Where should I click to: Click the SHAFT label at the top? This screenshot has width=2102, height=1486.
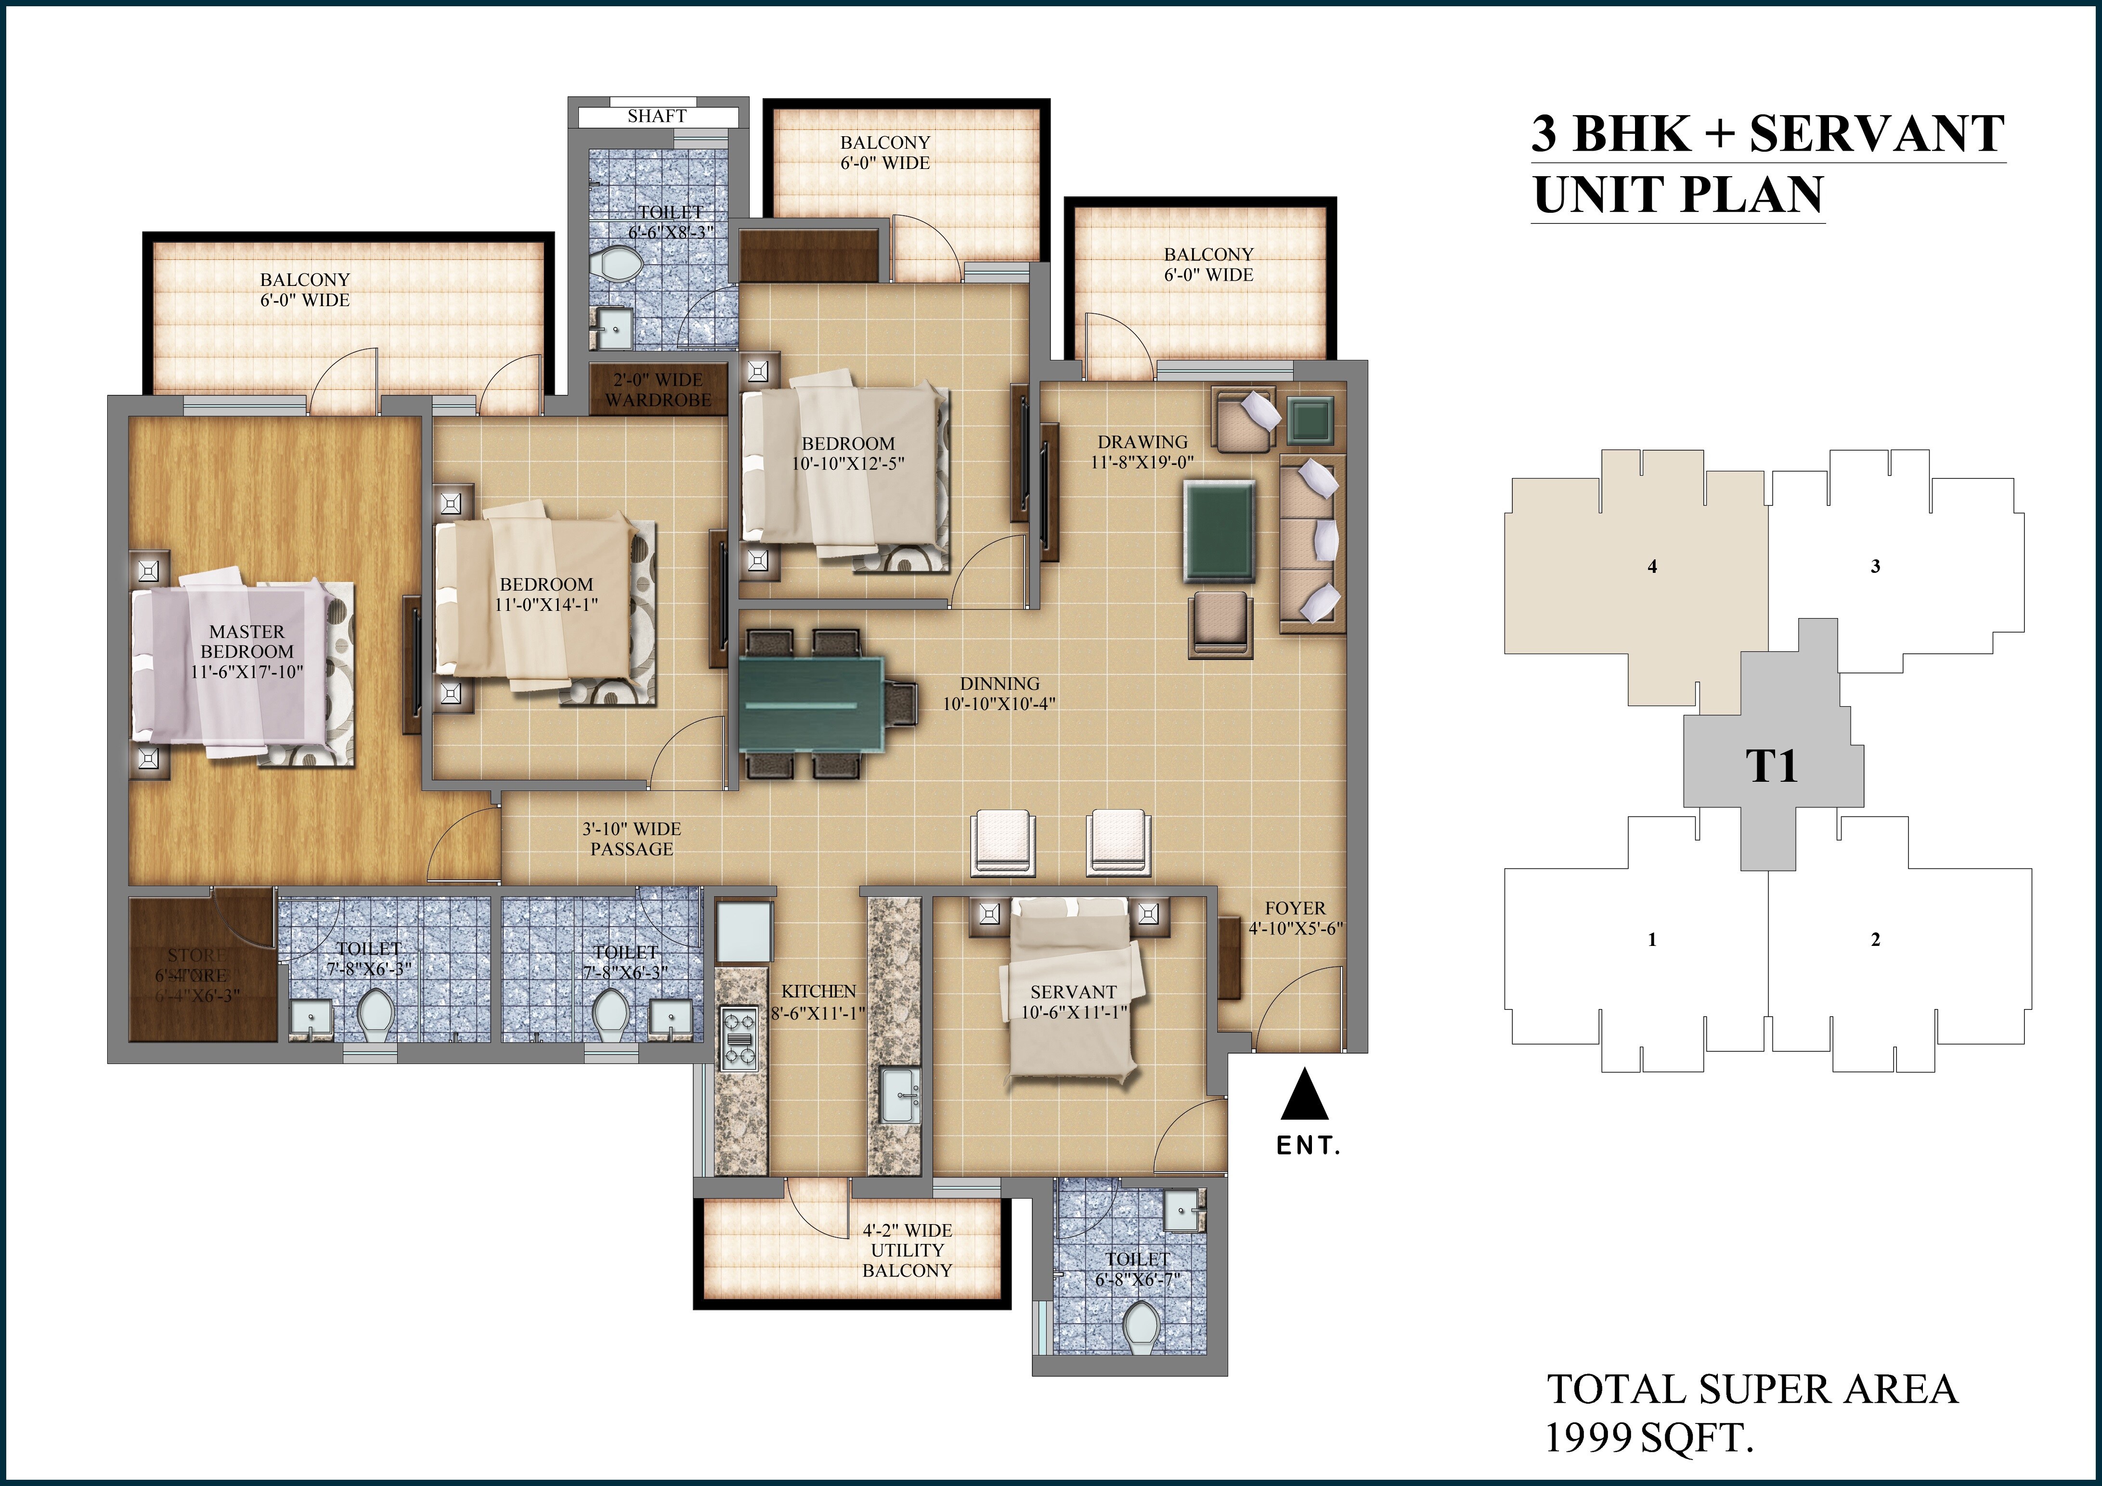[x=656, y=116]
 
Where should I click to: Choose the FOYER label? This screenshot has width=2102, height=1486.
[x=1295, y=908]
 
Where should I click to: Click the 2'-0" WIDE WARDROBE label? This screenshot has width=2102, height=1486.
[x=657, y=390]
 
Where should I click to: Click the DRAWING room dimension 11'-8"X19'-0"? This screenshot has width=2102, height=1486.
[x=1142, y=463]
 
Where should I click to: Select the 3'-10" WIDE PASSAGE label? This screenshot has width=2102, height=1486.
[x=632, y=839]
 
